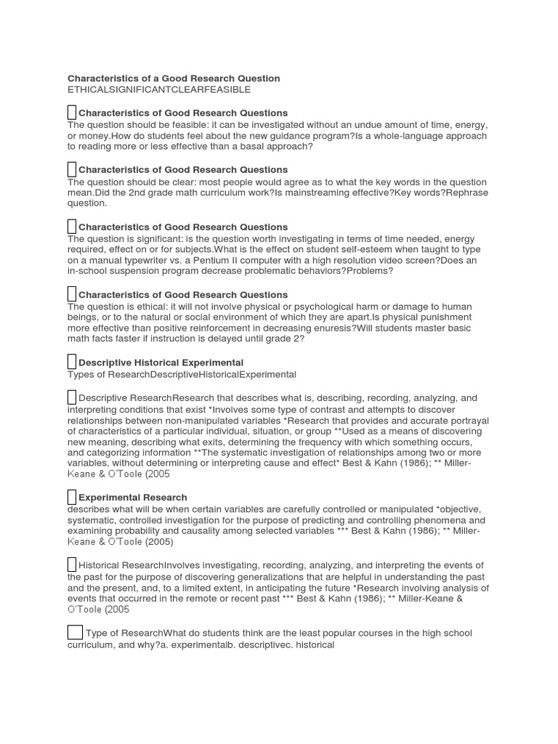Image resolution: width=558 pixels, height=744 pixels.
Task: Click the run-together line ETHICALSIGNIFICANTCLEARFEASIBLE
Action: (159, 89)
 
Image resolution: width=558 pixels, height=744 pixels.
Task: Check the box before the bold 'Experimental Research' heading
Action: (71, 497)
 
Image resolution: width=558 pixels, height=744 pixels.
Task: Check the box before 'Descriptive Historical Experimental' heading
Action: (71, 362)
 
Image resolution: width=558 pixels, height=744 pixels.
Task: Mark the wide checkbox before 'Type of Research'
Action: (75, 632)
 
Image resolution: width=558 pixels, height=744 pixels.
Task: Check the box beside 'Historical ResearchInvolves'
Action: (71, 565)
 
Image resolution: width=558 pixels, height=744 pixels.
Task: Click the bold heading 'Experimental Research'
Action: (132, 498)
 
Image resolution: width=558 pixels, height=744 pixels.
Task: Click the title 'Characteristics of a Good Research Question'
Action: (174, 78)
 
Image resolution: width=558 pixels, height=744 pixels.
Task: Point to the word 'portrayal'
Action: (468, 421)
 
